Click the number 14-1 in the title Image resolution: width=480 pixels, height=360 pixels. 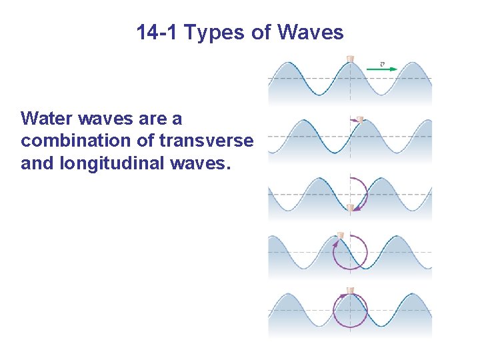click(158, 32)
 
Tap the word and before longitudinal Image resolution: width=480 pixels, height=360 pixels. click(37, 163)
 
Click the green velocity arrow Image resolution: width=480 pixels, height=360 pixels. click(382, 68)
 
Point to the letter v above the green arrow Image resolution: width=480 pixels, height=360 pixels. click(382, 63)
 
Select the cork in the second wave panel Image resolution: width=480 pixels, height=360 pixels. click(359, 119)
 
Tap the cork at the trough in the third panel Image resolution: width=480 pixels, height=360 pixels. click(351, 207)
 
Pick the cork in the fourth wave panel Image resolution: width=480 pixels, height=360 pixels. click(340, 235)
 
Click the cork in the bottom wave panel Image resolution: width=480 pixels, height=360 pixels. click(350, 291)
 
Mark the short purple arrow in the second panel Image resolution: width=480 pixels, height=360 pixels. click(353, 119)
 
